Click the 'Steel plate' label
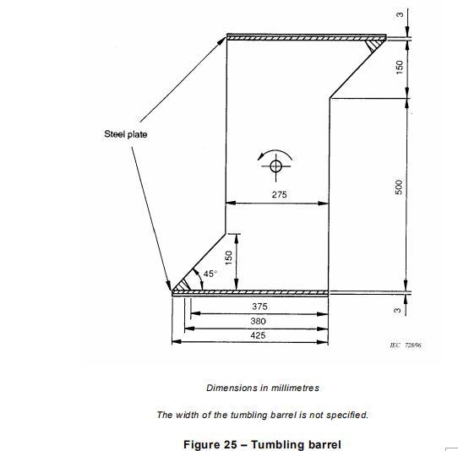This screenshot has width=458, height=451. pyautogui.click(x=126, y=134)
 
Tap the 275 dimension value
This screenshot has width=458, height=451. pyautogui.click(x=279, y=194)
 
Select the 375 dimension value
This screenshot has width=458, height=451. pyautogui.click(x=259, y=307)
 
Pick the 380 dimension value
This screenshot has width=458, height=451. pyautogui.click(x=259, y=321)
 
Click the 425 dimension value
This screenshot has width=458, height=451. pyautogui.click(x=258, y=335)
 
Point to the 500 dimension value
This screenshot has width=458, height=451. pyautogui.click(x=399, y=187)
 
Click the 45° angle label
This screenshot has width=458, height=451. pyautogui.click(x=210, y=274)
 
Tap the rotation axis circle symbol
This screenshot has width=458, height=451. pyautogui.click(x=275, y=166)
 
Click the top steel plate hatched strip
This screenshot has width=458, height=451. pyautogui.click(x=307, y=38)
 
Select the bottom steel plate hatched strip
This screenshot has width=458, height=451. pyautogui.click(x=250, y=292)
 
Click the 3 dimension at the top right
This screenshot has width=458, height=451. pyautogui.click(x=400, y=14)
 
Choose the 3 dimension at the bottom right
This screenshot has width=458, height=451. pyautogui.click(x=397, y=310)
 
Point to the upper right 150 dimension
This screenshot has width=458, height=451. pyautogui.click(x=399, y=67)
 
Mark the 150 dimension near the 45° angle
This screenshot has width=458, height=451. pyautogui.click(x=229, y=258)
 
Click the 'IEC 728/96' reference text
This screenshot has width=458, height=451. pyautogui.click(x=406, y=345)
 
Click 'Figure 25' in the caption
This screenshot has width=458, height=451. pyautogui.click(x=210, y=444)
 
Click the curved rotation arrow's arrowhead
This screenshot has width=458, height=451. pyautogui.click(x=260, y=157)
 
